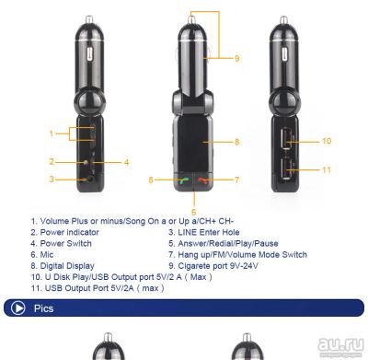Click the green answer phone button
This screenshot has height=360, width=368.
(x=183, y=181)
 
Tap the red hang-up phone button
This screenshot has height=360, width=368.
(x=203, y=181)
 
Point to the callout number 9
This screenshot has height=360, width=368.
(x=236, y=58)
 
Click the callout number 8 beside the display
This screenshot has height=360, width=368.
(x=236, y=142)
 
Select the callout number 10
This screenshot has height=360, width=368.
(x=327, y=141)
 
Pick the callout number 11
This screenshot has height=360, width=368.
(x=327, y=169)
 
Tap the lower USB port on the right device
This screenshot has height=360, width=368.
(x=285, y=168)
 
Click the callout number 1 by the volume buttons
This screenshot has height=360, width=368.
(x=52, y=134)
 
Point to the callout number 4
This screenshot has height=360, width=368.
(x=126, y=162)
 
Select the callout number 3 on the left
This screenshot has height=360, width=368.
(x=52, y=179)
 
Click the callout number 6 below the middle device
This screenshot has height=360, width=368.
(x=193, y=212)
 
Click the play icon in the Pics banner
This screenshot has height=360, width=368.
(x=17, y=308)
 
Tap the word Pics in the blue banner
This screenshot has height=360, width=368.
(x=43, y=308)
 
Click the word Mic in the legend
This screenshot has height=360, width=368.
(x=47, y=255)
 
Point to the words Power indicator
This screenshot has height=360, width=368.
(x=70, y=232)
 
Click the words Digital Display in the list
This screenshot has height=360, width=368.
(x=67, y=266)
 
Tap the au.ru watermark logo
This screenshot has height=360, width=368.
(x=340, y=344)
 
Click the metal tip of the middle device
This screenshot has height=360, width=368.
(x=192, y=18)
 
